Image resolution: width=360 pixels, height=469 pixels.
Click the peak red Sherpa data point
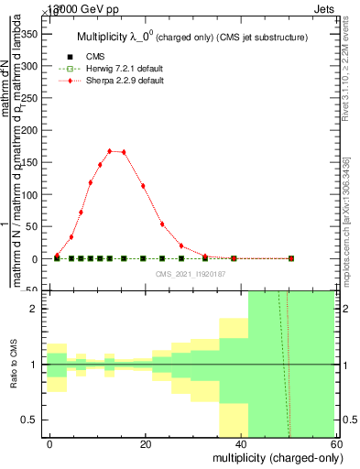pyautogui.click(x=110, y=151)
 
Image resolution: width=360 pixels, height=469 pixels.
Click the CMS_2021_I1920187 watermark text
pyautogui.click(x=191, y=273)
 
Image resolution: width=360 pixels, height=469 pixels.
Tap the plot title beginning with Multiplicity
pyautogui.click(x=191, y=37)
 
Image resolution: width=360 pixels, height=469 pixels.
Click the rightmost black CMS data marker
pyautogui.click(x=291, y=259)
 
